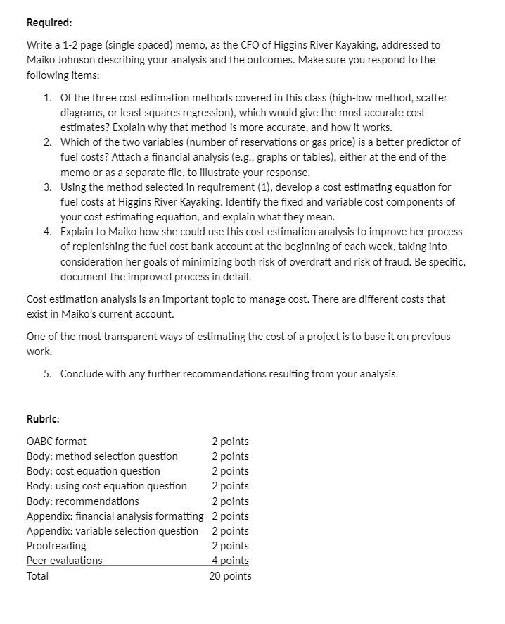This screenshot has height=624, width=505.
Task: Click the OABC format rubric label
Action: [x=56, y=442]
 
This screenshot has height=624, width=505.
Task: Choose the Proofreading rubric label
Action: [x=56, y=546]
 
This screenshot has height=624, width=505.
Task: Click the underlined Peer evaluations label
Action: [x=64, y=561]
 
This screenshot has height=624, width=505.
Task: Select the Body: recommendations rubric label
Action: [x=82, y=501]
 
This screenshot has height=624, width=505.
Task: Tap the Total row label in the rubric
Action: [x=38, y=576]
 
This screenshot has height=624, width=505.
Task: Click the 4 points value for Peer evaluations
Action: [x=230, y=561]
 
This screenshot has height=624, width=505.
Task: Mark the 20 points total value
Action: [x=230, y=576]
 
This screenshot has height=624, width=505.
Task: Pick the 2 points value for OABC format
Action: [x=230, y=442]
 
